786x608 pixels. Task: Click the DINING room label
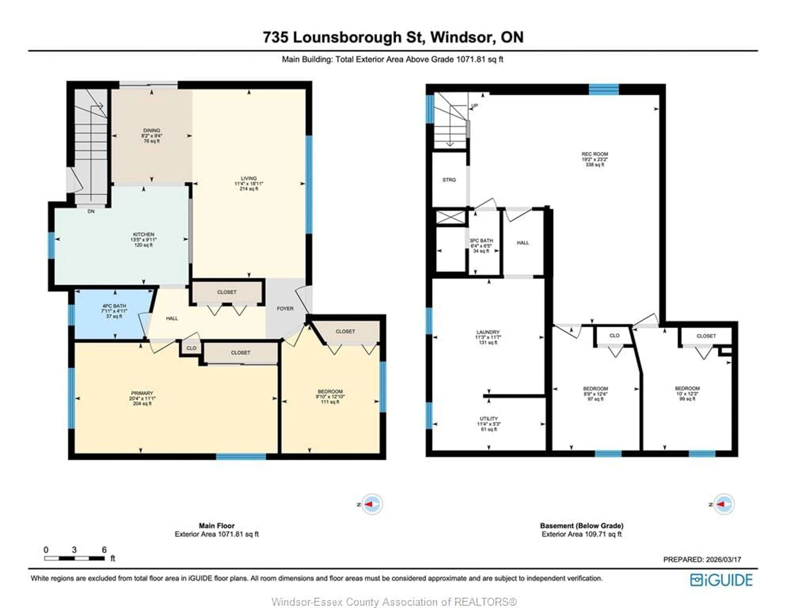coord(151,131)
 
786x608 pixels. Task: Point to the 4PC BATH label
coord(114,306)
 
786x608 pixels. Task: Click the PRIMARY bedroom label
coord(142,393)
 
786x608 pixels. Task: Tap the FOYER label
coord(285,309)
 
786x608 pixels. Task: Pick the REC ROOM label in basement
coord(595,154)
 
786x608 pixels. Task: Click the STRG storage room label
coord(449,180)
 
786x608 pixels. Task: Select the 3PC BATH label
coord(481,241)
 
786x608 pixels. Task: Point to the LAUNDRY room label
coord(488,332)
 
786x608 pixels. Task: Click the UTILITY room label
coord(489,419)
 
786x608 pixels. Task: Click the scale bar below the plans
coord(75,558)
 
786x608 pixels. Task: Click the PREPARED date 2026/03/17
coord(702,559)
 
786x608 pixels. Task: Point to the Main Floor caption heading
coord(217,526)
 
